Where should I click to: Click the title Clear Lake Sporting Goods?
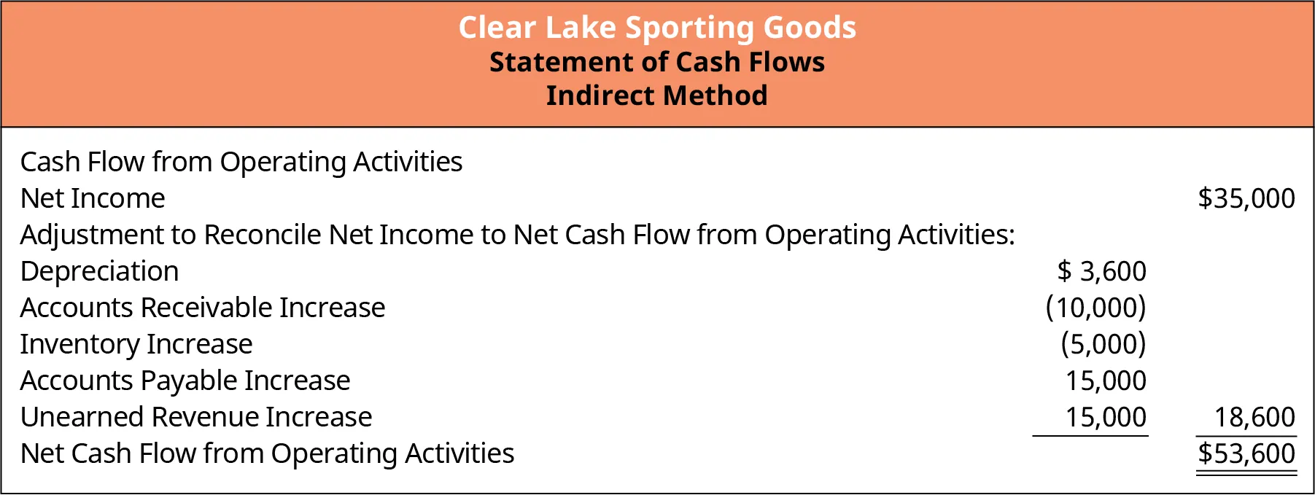point(657,28)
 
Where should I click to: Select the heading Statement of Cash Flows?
point(657,62)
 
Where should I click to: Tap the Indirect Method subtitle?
point(657,96)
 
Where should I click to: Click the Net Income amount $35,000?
point(1246,198)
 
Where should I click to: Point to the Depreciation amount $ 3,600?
point(1101,271)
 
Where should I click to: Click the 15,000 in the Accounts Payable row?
point(1106,381)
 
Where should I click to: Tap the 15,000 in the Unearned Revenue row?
point(1106,417)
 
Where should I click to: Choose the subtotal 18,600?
point(1254,417)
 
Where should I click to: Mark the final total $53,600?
point(1246,453)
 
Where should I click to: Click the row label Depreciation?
point(100,271)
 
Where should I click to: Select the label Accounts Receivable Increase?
point(203,308)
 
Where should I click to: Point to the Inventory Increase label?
point(136,344)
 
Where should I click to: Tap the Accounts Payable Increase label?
point(185,381)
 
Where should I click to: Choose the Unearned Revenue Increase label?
point(196,417)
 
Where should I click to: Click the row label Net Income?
point(93,198)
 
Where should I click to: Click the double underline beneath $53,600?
point(1246,475)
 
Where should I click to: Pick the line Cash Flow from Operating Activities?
point(241,162)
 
